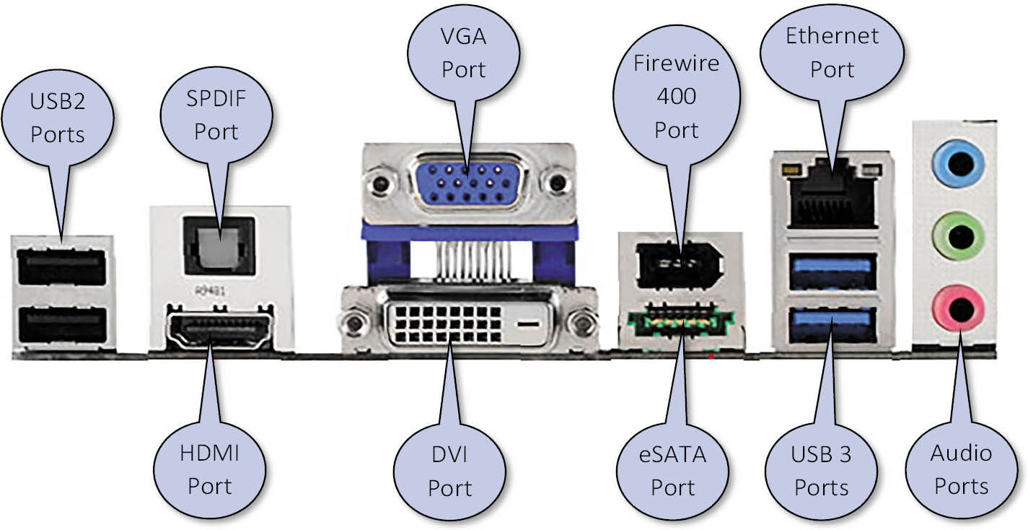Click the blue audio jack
(x=958, y=165)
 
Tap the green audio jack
(x=958, y=237)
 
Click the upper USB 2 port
(x=61, y=267)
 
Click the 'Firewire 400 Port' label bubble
(x=676, y=97)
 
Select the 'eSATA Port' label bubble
(x=672, y=470)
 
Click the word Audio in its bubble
(x=960, y=453)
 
